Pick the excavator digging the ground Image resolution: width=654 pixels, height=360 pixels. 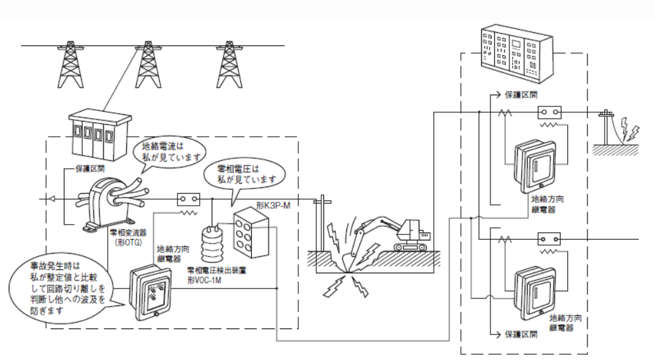click(398, 233)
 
